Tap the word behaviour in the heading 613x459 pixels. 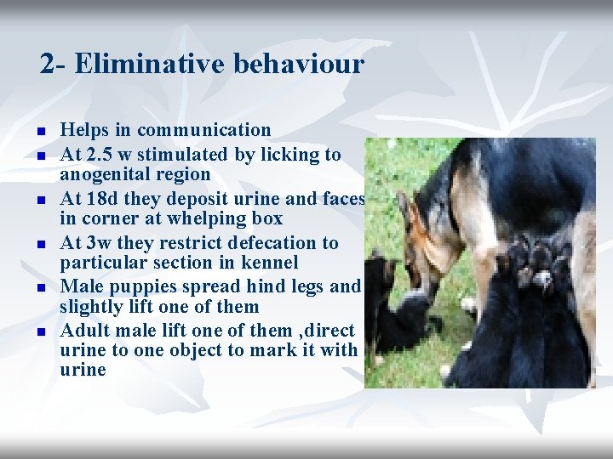click(306, 64)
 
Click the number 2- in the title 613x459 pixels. click(54, 64)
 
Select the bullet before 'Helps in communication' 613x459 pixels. click(39, 132)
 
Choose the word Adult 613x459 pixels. click(83, 330)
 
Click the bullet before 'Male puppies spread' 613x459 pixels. click(39, 288)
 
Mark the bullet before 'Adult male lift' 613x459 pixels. click(39, 331)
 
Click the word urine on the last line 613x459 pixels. click(83, 370)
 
